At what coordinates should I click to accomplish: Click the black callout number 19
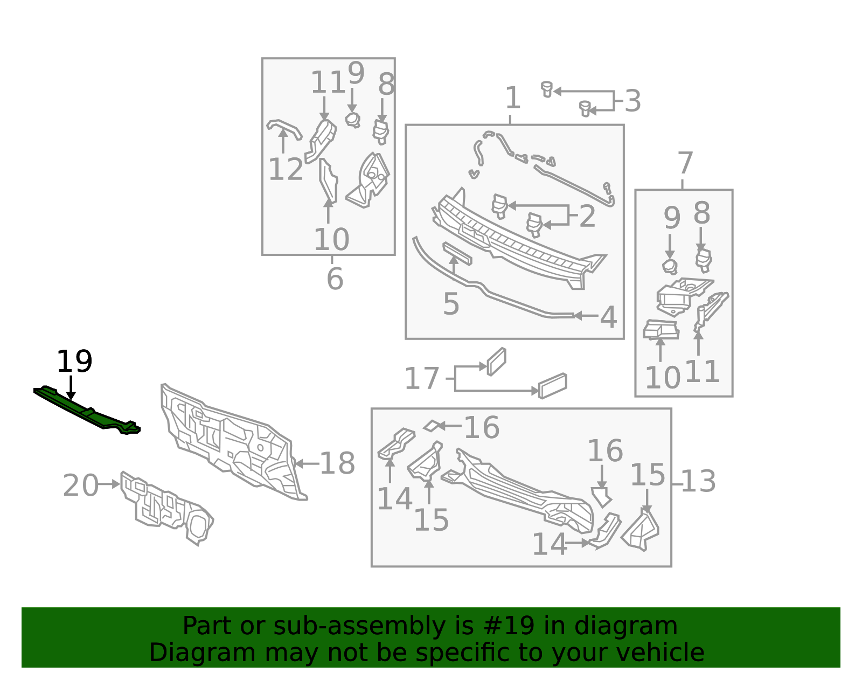pos(74,362)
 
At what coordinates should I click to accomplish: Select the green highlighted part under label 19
pos(87,411)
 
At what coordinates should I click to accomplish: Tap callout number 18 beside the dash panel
pos(337,463)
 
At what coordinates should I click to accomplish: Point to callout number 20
pos(80,485)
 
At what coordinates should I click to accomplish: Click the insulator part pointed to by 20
pos(166,508)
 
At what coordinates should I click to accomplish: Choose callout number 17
pos(422,378)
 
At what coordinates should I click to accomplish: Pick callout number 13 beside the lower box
pos(699,482)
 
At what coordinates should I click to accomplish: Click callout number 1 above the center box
pos(512,98)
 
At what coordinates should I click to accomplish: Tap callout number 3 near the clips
pos(632,101)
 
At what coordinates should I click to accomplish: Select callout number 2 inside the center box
pos(587,217)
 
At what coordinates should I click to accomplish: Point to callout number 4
pos(608,317)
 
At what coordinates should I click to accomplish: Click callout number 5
pos(451,304)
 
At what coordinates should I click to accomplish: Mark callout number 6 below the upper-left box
pos(335,279)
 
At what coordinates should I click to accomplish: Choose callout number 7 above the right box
pos(685,163)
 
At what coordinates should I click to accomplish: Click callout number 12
pos(286,169)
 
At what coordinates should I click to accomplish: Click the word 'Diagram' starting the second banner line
pos(203,653)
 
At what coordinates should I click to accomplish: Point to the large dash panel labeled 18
pos(234,442)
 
